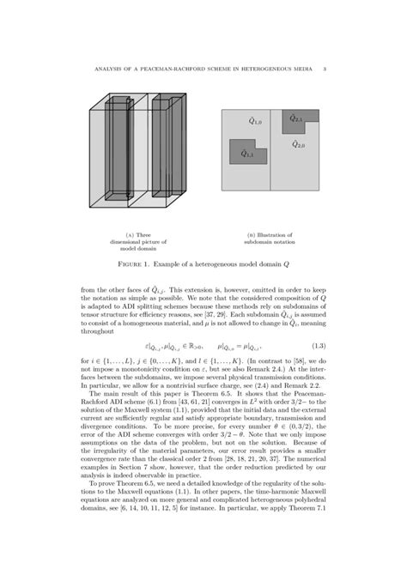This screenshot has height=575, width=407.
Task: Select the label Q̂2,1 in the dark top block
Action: [296, 119]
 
